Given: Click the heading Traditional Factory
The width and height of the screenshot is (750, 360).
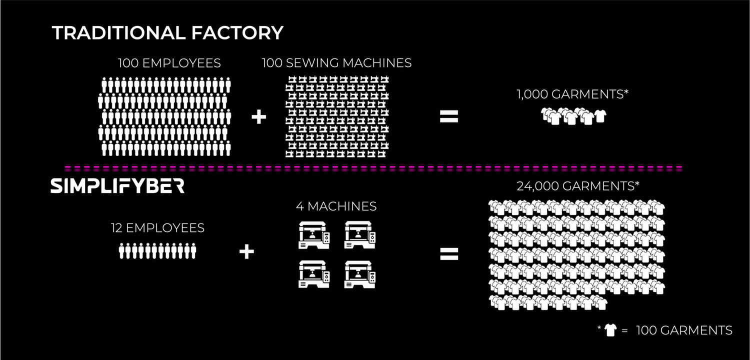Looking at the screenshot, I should pos(167,33).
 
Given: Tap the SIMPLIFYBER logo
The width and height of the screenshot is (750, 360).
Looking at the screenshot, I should pos(117,186).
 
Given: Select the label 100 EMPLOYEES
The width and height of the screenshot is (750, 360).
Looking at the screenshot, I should pos(169,63).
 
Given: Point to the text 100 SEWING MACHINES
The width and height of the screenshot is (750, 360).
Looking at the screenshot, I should pos(336,63).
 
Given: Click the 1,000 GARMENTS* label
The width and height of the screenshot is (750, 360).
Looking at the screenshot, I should pos(572,94).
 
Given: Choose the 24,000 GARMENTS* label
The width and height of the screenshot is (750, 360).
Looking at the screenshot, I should pos(578,186).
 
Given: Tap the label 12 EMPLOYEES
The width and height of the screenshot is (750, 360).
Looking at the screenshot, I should pos(157,228).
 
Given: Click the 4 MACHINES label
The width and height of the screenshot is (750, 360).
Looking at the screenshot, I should pos(336,206).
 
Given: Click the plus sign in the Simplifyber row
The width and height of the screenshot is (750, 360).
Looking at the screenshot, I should pos(246,251).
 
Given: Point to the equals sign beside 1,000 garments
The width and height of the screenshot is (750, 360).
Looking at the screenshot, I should pos(448,117).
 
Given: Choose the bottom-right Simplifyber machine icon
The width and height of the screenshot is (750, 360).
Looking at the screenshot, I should pos(360,274).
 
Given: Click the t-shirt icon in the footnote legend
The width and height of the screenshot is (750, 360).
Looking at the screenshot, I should pos(610,330).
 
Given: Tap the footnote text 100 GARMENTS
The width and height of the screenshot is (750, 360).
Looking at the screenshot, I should pos(684,330).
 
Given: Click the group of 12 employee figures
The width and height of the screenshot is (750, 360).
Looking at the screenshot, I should pos(157,250).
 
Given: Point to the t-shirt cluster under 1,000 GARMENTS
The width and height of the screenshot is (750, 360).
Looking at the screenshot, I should pos(574,116).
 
